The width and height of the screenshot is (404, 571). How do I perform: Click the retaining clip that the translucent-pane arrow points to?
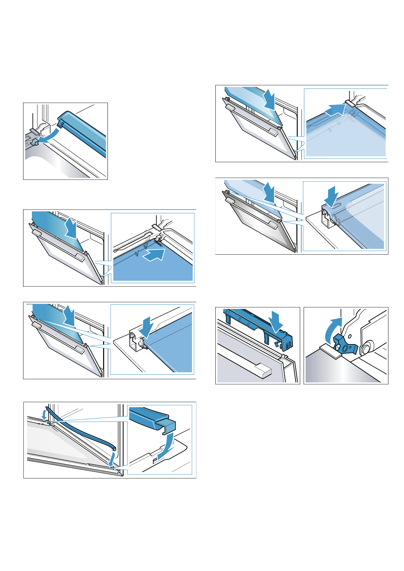pyautogui.click(x=350, y=104)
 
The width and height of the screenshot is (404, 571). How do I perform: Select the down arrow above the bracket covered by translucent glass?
pyautogui.click(x=331, y=195)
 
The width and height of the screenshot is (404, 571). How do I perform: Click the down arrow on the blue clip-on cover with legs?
pyautogui.click(x=276, y=321)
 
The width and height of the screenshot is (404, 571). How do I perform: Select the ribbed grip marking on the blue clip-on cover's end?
pyautogui.click(x=288, y=346)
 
